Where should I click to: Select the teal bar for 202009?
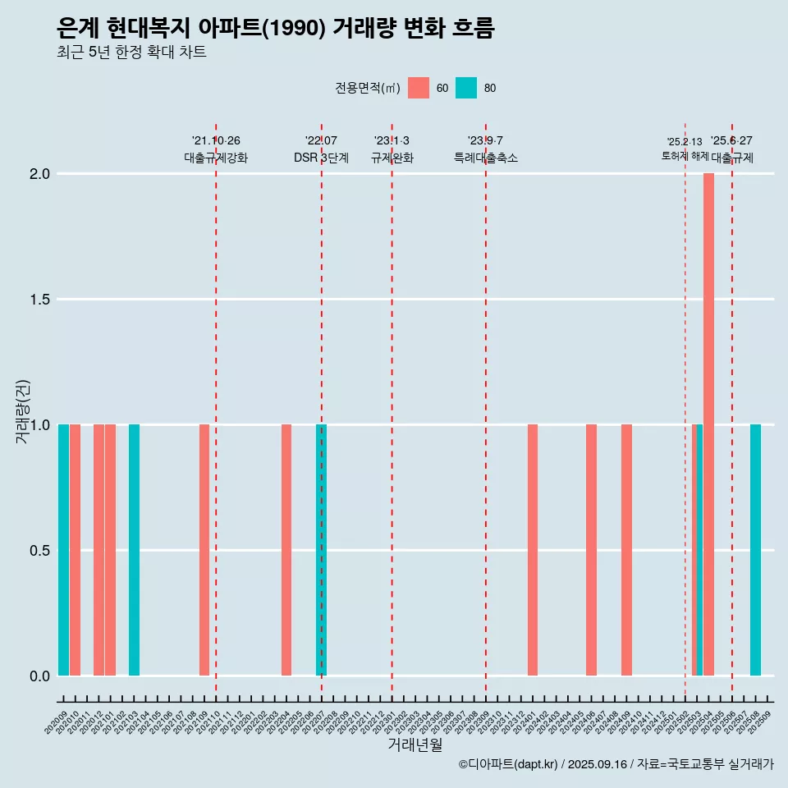(63, 550)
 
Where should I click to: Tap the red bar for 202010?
(75, 550)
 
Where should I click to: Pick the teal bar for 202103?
(134, 550)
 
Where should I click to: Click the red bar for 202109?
(204, 550)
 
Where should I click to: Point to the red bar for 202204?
(286, 550)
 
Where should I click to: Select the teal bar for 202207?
(322, 550)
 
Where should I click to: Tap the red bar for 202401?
(533, 550)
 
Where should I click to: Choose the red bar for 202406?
(591, 550)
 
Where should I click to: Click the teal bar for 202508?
(755, 550)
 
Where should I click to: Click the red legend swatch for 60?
(419, 88)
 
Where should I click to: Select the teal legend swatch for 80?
(466, 88)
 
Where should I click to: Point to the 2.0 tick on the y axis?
(40, 174)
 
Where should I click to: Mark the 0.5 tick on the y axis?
(40, 550)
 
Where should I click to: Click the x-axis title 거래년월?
(415, 744)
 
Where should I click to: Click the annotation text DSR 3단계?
(321, 158)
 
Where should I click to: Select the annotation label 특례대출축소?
(486, 158)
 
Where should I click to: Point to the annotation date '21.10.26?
(216, 140)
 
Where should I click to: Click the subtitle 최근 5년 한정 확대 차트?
(131, 53)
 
